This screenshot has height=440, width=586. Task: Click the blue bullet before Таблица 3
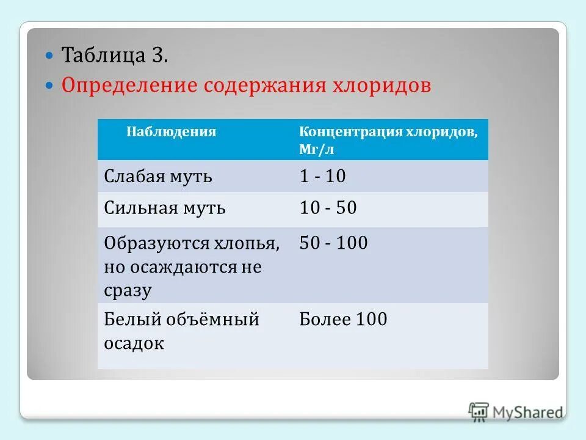tap(51, 56)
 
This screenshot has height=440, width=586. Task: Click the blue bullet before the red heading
tap(51, 85)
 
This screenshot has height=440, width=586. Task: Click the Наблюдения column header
tap(171, 131)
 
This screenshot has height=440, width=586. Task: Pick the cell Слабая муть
tap(158, 177)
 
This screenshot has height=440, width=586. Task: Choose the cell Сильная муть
tap(165, 208)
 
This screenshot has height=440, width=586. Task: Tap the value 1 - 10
tap(322, 177)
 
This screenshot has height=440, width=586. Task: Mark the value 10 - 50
tap(328, 208)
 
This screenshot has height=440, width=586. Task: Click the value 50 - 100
tap(333, 244)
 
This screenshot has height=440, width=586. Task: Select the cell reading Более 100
tap(343, 319)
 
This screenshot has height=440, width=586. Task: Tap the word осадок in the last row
tap(134, 343)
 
